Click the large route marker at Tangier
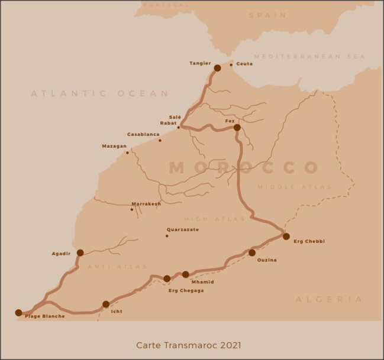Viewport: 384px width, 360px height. (x=217, y=68)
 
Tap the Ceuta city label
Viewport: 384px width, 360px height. (x=244, y=64)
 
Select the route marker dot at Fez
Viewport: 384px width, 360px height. (x=237, y=127)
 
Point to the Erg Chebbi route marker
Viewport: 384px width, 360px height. (x=286, y=236)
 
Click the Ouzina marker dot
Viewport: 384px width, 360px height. (x=252, y=252)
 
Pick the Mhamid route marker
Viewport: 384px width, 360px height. (x=186, y=274)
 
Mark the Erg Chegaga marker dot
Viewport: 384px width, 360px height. (x=167, y=278)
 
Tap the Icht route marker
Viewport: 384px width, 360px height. (x=106, y=304)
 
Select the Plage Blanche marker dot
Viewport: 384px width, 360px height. (x=18, y=313)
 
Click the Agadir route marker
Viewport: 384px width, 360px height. (x=80, y=252)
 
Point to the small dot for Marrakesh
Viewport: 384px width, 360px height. (x=132, y=209)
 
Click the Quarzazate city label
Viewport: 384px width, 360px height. (x=183, y=229)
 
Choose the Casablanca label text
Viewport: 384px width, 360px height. (x=143, y=134)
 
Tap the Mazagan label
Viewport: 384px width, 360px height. (x=114, y=146)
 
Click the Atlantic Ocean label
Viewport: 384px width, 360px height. (x=99, y=93)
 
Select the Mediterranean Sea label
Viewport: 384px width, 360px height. (x=309, y=56)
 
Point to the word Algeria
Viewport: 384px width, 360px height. (x=329, y=300)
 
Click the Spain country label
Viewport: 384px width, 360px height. (x=267, y=15)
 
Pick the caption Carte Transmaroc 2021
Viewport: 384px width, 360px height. (x=189, y=345)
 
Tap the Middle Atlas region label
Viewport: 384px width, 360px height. (x=295, y=187)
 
